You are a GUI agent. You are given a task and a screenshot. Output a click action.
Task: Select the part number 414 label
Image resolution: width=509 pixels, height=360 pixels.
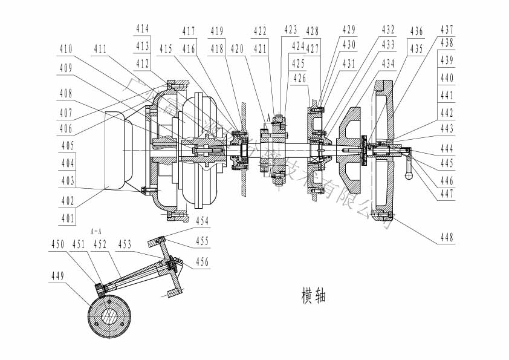143,28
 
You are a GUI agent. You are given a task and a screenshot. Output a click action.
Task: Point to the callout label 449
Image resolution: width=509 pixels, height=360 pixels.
57,276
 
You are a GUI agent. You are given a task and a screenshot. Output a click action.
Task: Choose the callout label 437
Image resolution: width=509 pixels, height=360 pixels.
447,28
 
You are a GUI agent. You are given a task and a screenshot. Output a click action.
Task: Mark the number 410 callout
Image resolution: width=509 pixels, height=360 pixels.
66,48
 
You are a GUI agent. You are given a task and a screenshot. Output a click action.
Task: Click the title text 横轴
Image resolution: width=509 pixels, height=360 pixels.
313,296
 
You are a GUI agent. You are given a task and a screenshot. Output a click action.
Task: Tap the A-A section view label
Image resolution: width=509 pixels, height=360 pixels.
96,231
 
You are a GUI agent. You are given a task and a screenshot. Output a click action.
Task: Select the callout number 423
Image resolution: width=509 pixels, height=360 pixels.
291,28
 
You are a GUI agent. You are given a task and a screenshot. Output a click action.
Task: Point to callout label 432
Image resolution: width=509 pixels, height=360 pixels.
388,29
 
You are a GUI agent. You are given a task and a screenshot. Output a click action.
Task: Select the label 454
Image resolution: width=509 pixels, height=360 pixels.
202,221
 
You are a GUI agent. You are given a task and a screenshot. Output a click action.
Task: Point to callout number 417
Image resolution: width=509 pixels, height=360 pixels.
189,31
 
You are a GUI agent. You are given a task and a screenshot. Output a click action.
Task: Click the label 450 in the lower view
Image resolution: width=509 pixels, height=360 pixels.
57,244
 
